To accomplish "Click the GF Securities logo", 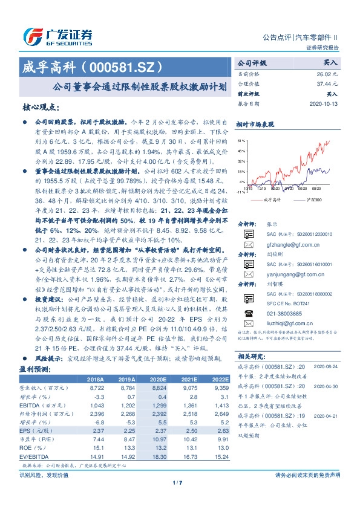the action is pyautogui.click(x=57, y=35).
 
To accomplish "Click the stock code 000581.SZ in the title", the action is pyautogui.click(x=121, y=65).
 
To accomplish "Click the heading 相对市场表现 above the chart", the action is pyautogui.click(x=253, y=124).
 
